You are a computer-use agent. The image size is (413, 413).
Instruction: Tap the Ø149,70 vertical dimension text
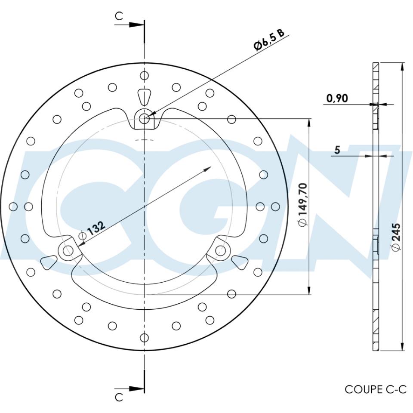(302, 204)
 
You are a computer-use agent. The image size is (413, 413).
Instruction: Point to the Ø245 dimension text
(396, 236)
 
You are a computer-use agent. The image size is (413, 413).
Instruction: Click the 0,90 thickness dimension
(337, 98)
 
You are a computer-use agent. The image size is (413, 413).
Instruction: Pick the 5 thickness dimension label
(337, 150)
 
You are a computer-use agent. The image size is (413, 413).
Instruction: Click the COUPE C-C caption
(375, 389)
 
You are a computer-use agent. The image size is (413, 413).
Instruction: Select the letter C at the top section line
(119, 16)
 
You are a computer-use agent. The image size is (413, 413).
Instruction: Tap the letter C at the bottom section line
(119, 397)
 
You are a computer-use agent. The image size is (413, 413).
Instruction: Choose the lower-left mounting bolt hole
(67, 250)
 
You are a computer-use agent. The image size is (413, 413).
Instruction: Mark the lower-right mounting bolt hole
(221, 250)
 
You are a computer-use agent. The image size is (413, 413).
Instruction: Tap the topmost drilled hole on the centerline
(145, 75)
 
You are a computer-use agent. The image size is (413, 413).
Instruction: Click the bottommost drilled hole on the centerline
(145, 337)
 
